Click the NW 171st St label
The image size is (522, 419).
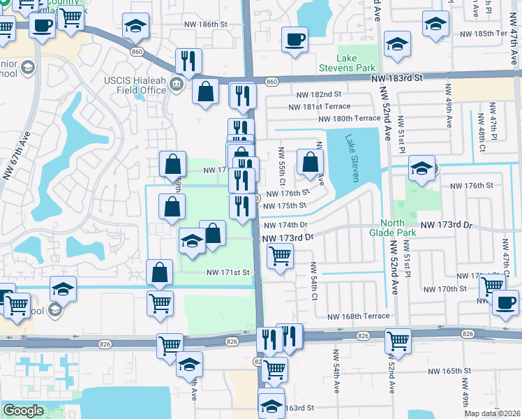point(228,273)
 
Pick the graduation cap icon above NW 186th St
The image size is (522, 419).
point(135,27)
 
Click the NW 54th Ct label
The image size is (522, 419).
point(314,281)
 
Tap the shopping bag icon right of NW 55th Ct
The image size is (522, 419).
point(310,162)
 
